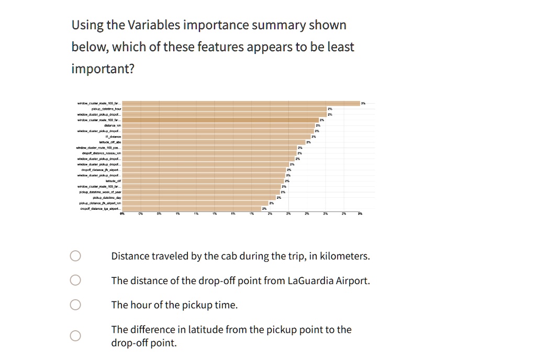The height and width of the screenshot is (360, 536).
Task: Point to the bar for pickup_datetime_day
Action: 199,198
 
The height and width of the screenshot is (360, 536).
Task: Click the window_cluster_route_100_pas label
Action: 99,148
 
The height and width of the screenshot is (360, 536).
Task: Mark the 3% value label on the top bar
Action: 363,103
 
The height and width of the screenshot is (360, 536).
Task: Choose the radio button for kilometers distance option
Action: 76,256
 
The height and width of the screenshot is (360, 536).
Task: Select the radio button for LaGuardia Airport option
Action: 76,280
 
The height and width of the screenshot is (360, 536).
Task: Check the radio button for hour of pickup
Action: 76,305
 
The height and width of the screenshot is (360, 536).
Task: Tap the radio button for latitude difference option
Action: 76,335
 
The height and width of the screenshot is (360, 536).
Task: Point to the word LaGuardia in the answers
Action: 313,280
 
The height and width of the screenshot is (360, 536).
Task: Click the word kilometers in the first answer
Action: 343,256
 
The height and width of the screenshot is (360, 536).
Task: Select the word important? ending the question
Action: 103,69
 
